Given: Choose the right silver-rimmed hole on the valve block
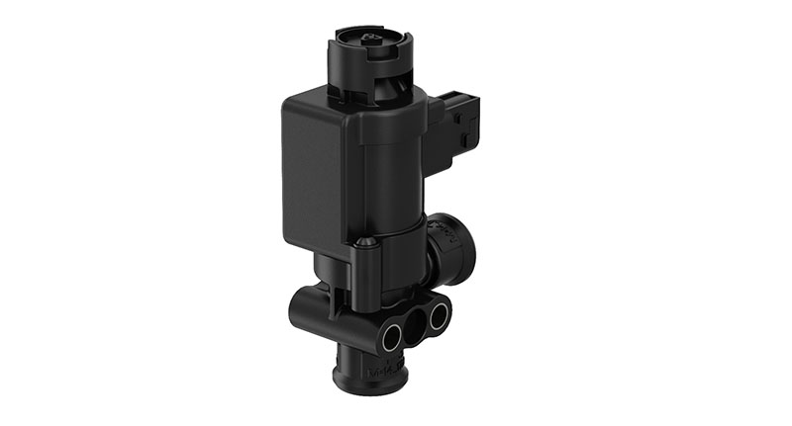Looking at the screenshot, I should coord(437,317).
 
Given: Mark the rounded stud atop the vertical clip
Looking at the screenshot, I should coord(364,242).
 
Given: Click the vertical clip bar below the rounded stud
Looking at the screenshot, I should coord(364,272).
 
